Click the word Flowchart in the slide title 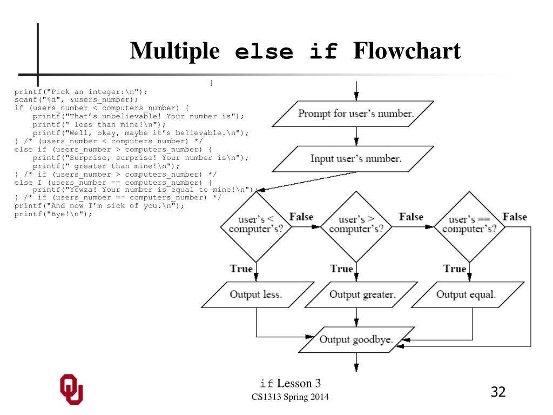[407, 52]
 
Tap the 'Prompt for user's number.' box [356, 113]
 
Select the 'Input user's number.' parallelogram [356, 159]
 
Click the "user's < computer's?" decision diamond [256, 224]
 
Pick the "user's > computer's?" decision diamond [356, 224]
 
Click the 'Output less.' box [256, 294]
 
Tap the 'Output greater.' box [362, 294]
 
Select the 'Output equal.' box [466, 294]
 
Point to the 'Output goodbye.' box [356, 339]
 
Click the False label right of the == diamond [515, 217]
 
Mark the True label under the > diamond [341, 269]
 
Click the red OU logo [71, 389]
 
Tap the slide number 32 [498, 392]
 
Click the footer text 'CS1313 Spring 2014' [289, 398]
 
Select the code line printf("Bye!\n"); [53, 213]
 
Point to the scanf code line [76, 99]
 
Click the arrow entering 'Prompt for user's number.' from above [356, 91]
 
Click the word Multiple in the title [175, 52]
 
